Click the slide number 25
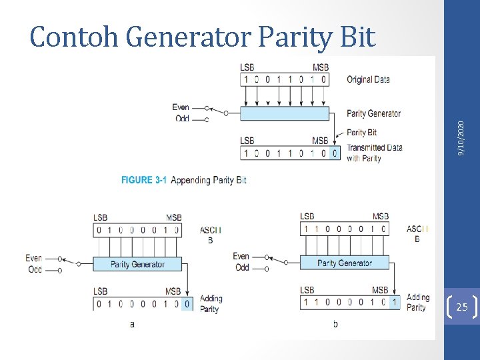[461, 307]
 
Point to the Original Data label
[368, 80]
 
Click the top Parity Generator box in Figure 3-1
[285, 114]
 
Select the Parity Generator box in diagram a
[137, 264]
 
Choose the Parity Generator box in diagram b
[344, 263]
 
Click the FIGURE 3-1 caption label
[144, 180]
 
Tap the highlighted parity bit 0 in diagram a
[187, 304]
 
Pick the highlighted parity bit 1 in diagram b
[394, 303]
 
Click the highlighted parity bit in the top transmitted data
[335, 153]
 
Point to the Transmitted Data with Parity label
[374, 153]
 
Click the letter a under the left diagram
[132, 324]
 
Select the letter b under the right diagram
[335, 324]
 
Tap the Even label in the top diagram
[181, 107]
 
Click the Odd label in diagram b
[242, 267]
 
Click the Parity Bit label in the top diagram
[362, 133]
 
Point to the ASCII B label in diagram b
[417, 233]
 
